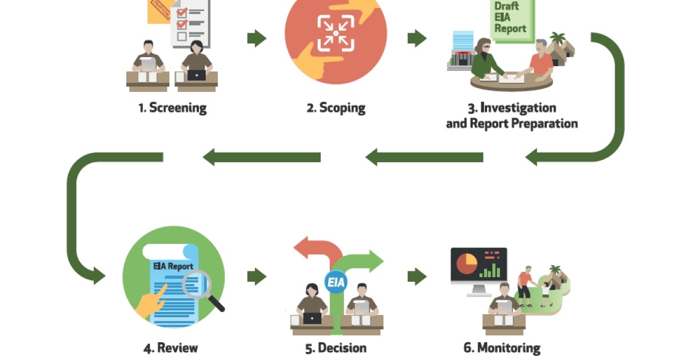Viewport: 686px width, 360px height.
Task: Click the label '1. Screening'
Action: coord(172,107)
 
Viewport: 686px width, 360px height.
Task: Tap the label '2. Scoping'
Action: coord(336,107)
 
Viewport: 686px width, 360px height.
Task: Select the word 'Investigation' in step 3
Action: coord(518,107)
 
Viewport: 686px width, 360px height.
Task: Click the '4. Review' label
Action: coord(170,347)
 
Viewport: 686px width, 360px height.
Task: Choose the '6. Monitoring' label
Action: coord(501,347)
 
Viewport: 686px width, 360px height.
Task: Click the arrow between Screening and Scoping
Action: coord(257,39)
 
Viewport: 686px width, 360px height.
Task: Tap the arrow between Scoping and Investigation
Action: coord(417,39)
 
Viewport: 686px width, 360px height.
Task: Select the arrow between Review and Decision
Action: coord(257,277)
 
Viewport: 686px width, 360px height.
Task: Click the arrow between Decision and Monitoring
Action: coord(417,277)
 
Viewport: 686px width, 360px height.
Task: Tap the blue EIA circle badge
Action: coord(336,282)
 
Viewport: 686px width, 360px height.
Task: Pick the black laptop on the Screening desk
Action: coord(196,75)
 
